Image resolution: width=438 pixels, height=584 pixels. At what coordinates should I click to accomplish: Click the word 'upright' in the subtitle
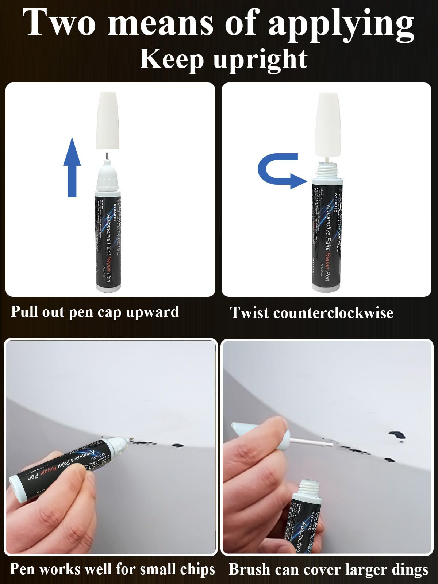point(260,59)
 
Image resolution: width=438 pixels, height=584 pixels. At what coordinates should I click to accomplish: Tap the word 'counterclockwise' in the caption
point(331,313)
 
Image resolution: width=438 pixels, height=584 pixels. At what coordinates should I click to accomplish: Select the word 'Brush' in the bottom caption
point(249,569)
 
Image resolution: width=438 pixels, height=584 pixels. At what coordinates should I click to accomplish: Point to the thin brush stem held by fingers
point(310,442)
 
